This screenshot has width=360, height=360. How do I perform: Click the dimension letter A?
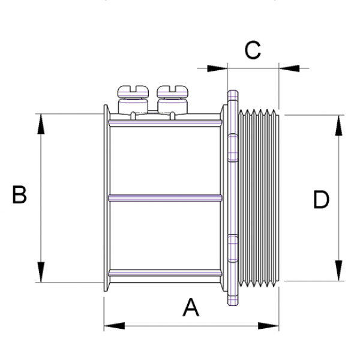tap(190, 308)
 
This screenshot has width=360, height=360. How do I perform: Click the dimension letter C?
tap(253, 50)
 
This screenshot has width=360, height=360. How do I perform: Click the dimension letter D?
tap(322, 200)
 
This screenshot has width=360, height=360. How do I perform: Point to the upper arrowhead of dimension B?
tap(41, 123)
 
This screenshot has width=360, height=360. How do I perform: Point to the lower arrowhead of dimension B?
tap(41, 271)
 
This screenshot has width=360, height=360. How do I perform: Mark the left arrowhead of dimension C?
tap(217, 68)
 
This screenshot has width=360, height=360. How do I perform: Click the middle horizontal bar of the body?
tap(165, 197)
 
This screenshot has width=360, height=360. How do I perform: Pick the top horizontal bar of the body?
tap(165, 123)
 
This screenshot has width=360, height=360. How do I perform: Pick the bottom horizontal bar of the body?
tap(165, 272)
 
